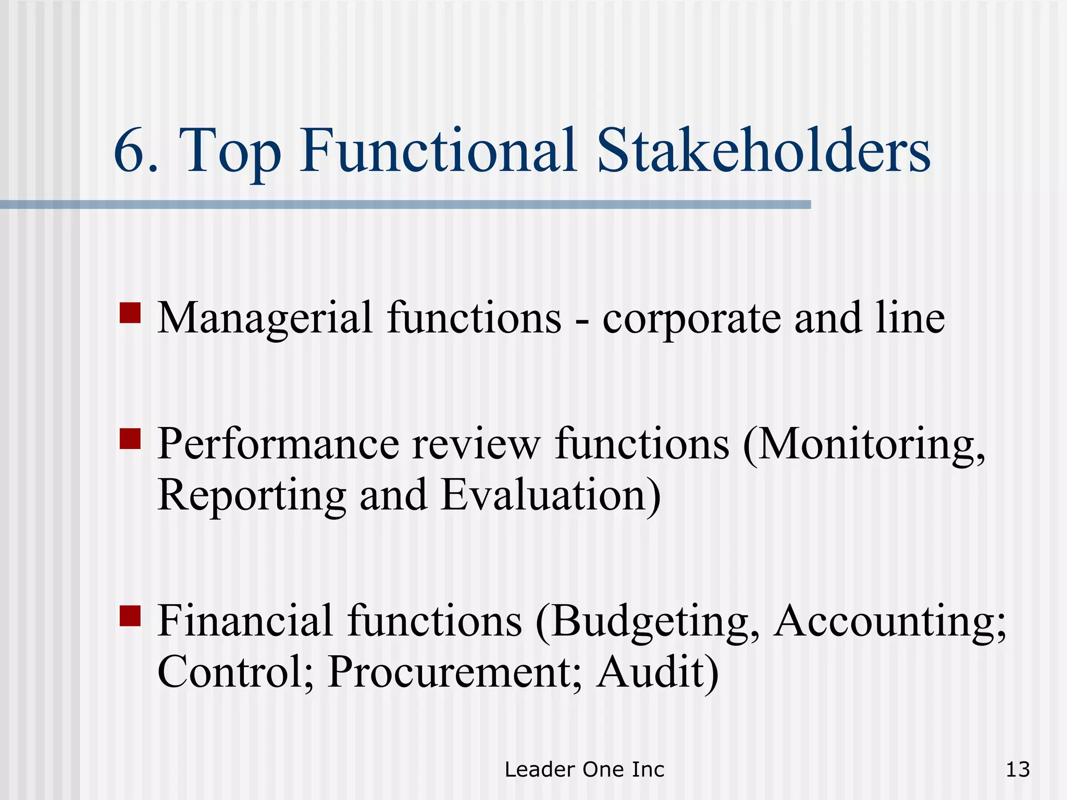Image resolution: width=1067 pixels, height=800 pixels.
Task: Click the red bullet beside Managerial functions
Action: click(x=130, y=313)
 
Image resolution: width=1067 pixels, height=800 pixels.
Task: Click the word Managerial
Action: click(x=265, y=318)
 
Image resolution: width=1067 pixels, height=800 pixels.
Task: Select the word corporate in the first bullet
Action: click(x=691, y=318)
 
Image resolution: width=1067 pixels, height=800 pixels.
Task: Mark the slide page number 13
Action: click(x=1018, y=769)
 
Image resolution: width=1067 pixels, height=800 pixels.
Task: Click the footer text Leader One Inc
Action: click(x=585, y=769)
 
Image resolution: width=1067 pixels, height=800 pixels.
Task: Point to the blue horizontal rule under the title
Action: click(x=405, y=205)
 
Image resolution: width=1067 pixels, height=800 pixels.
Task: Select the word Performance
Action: click(x=278, y=444)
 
